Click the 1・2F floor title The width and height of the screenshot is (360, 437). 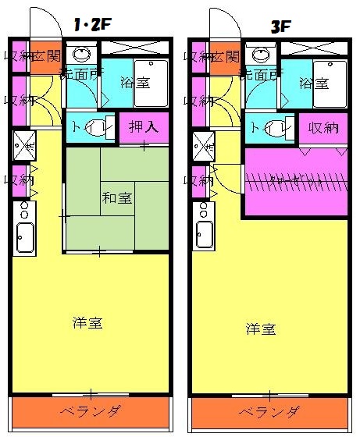point(91,26)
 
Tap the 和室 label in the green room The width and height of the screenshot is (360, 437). point(116,197)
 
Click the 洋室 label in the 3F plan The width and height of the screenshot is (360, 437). point(261,329)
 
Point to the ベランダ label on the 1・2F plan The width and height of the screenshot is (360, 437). point(91,411)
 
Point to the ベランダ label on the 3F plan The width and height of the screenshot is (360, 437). point(269,412)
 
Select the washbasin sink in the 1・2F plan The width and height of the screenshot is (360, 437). point(81,55)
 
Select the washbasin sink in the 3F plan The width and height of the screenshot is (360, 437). point(261,55)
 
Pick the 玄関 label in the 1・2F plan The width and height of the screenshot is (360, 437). point(47,55)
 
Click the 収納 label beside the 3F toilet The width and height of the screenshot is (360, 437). point(322,127)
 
